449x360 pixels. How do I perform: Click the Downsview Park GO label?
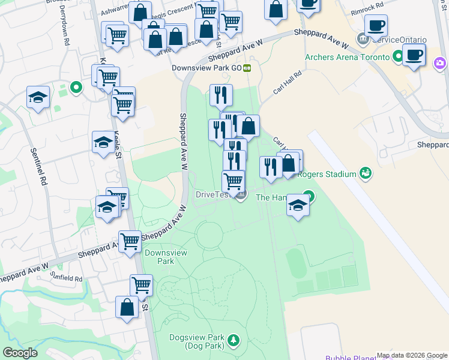coord(206,68)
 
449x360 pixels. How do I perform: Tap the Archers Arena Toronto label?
coord(348,58)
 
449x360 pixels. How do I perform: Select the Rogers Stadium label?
coord(332,175)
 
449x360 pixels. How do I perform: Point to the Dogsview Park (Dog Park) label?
coord(196,341)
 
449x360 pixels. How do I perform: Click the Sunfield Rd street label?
coord(67,278)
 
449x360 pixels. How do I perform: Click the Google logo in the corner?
coord(20,353)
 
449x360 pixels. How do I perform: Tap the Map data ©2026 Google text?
coord(412,356)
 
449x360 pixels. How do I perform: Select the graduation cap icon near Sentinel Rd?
coord(38,97)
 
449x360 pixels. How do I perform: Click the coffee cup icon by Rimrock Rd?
coord(376,25)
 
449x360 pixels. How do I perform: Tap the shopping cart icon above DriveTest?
coord(233,179)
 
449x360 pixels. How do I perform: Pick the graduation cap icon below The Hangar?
coord(298,205)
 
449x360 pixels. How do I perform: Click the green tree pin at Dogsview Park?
coord(232,341)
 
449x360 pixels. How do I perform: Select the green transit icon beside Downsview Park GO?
coord(247,68)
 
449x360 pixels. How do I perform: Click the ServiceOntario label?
coord(399,40)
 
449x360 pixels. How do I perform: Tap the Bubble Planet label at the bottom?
coord(348,356)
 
